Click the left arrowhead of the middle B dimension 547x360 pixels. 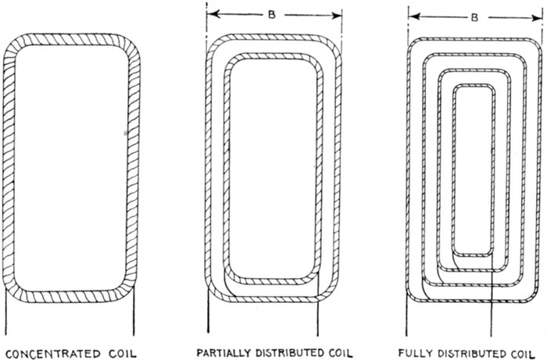213,13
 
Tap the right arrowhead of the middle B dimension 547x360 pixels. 338,13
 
